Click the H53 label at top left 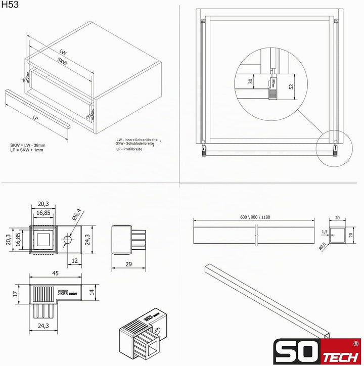10,5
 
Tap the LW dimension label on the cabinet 63,52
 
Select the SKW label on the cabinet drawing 62,61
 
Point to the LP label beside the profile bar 35,118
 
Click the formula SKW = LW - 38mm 28,145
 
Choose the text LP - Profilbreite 129,149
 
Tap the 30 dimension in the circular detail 250,81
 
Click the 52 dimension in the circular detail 291,86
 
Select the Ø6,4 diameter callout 77,214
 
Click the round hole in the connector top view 67,240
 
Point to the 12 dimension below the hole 74,260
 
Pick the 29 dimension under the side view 128,264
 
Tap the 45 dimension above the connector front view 55,273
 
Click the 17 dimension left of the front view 15,294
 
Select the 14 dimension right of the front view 92,292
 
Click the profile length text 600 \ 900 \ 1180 255,217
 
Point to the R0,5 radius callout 322,247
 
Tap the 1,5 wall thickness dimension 325,232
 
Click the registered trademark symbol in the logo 355,344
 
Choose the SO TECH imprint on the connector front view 67,293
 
